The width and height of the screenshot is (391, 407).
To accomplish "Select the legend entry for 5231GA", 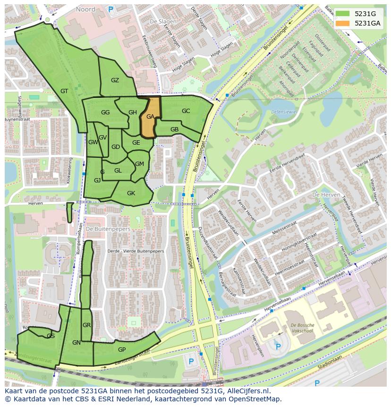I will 368,23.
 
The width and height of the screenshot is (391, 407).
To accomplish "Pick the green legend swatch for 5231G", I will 342,14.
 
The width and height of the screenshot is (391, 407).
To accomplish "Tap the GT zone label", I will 65,91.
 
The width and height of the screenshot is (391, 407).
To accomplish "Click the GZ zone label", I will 115,80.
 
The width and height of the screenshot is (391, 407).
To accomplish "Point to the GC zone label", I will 186,111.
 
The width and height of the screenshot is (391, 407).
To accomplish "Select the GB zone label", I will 174,130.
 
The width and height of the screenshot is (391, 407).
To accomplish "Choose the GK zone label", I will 131,193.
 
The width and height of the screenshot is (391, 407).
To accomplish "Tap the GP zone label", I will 122,350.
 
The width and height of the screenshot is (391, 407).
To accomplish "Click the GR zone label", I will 86,325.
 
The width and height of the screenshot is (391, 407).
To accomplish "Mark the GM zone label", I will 139,164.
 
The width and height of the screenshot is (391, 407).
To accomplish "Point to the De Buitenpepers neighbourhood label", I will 108,229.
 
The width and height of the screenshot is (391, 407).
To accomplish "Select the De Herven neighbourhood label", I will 326,195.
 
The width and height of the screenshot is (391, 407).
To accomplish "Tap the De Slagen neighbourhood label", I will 160,22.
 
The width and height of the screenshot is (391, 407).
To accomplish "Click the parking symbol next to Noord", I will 111,9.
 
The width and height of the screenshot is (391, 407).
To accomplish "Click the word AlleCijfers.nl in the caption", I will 247,391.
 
